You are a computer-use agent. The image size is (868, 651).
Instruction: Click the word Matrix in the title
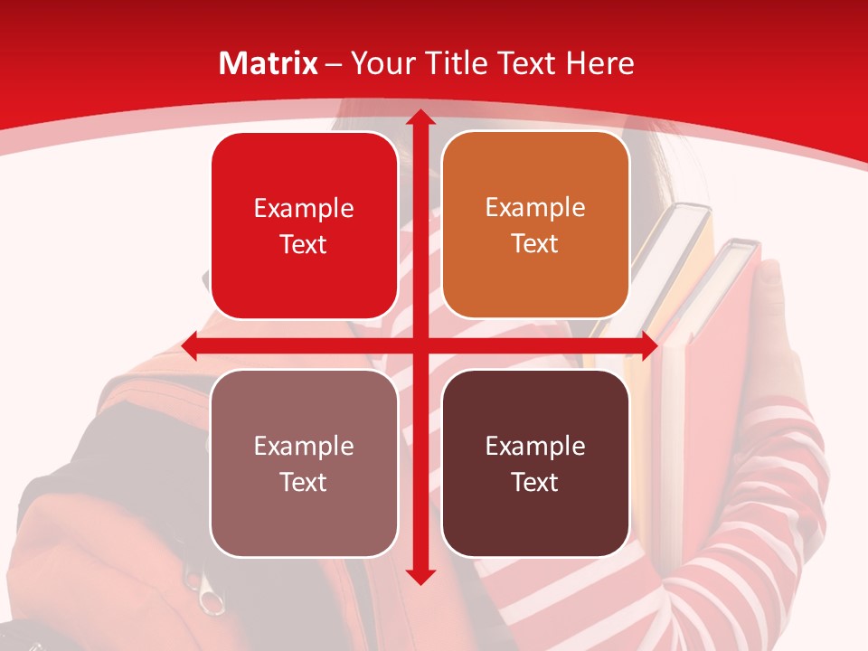(x=269, y=63)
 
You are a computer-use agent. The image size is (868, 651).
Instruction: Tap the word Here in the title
(x=599, y=63)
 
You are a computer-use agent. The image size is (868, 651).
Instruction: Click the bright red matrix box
(x=304, y=226)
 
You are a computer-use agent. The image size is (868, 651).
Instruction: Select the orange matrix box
(x=535, y=225)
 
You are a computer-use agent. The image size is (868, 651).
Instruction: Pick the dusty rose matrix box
(x=304, y=463)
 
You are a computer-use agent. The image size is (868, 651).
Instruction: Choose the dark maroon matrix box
(x=535, y=463)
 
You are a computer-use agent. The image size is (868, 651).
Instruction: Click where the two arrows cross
(x=420, y=345)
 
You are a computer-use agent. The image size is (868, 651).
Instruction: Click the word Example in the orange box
(x=535, y=208)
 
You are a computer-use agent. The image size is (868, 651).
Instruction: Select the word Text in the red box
(x=304, y=244)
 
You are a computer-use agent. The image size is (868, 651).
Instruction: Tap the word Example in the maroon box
(x=535, y=446)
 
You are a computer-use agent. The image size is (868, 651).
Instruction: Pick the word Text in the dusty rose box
(x=304, y=482)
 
